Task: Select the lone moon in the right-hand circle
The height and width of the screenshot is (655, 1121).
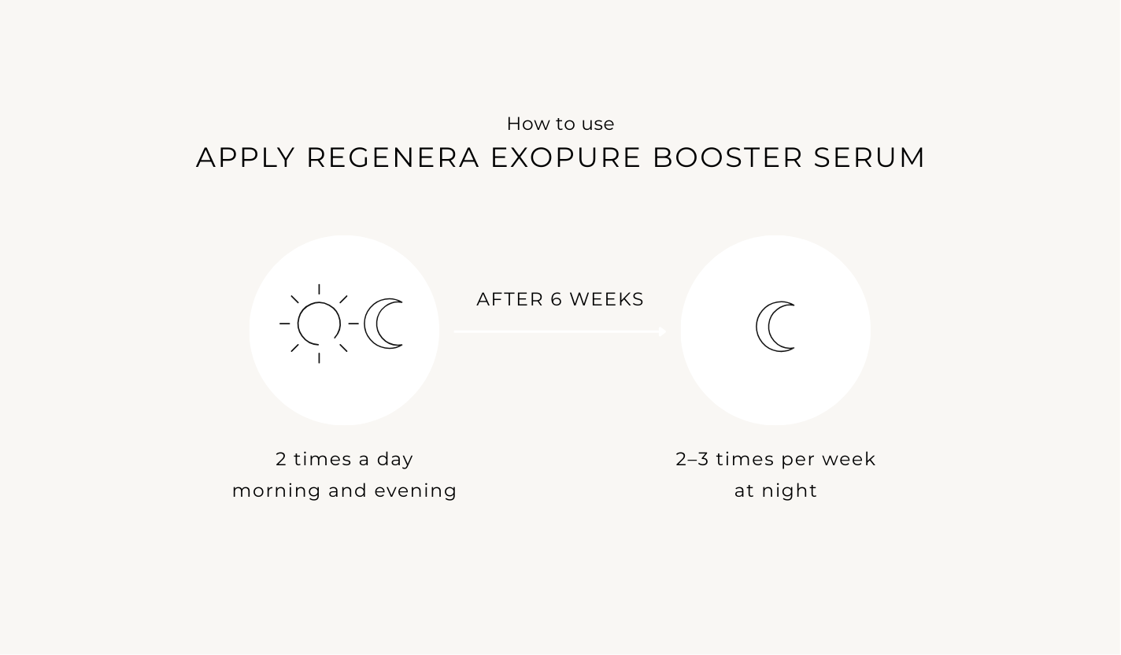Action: click(x=762, y=327)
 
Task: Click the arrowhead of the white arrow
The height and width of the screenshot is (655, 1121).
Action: click(x=663, y=331)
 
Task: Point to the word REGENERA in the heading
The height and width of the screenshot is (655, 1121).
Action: click(x=393, y=157)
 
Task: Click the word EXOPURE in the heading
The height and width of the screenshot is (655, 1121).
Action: click(x=565, y=157)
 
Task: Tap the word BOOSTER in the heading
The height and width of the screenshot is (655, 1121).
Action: click(x=727, y=157)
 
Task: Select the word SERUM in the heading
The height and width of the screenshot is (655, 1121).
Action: click(x=869, y=157)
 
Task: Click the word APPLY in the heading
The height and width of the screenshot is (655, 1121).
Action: click(x=246, y=157)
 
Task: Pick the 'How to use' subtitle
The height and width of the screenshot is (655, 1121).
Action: click(x=560, y=124)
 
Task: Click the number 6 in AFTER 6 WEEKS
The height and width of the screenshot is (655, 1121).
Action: click(x=557, y=299)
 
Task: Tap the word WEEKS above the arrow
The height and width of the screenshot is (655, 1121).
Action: click(x=606, y=299)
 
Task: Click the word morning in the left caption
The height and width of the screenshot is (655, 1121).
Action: click(x=276, y=491)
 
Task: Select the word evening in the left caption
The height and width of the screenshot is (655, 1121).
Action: click(x=416, y=491)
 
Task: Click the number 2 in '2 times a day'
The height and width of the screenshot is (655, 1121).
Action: click(x=281, y=459)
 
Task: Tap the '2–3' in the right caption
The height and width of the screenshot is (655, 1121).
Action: click(x=692, y=459)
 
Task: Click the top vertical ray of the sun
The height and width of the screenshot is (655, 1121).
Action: click(x=319, y=289)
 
